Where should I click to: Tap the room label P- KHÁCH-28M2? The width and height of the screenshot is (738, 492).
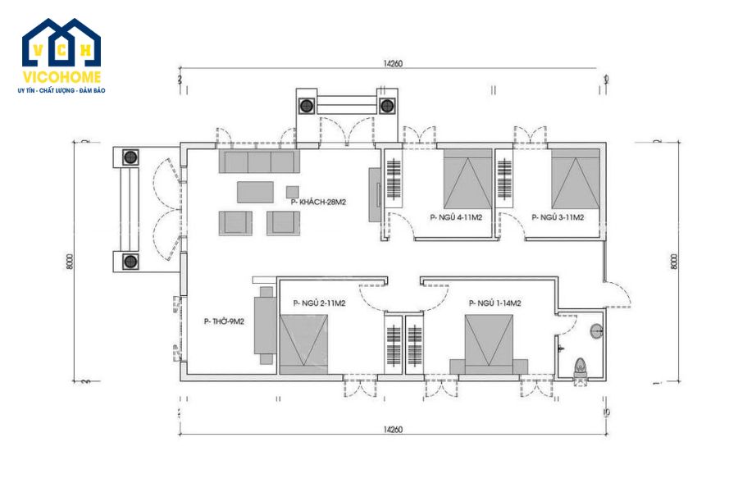tap(317, 201)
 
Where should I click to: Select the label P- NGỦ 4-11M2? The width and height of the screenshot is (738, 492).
tap(455, 217)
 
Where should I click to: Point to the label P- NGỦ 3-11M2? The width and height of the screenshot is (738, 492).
tap(558, 217)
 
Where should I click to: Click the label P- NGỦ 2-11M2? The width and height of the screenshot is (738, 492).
tap(319, 303)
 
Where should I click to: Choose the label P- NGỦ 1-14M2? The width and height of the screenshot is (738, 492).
tap(495, 303)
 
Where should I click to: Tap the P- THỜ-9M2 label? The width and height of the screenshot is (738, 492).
tap(224, 321)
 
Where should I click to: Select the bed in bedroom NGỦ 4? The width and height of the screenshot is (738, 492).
tap(467, 180)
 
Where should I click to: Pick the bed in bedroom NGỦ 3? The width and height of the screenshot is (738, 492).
tap(576, 180)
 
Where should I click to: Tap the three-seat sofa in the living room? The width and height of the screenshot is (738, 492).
tap(258, 161)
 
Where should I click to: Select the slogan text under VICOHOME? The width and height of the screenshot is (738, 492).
tap(61, 90)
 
